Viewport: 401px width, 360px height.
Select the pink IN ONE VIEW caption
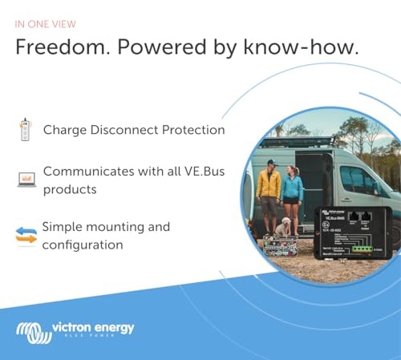coord(46,22)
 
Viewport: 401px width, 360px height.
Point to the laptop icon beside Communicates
coord(26,179)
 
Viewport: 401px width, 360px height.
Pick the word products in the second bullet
coord(70,189)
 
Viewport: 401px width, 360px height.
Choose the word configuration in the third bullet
coord(83,245)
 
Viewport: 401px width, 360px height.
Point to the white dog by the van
coord(282,231)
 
